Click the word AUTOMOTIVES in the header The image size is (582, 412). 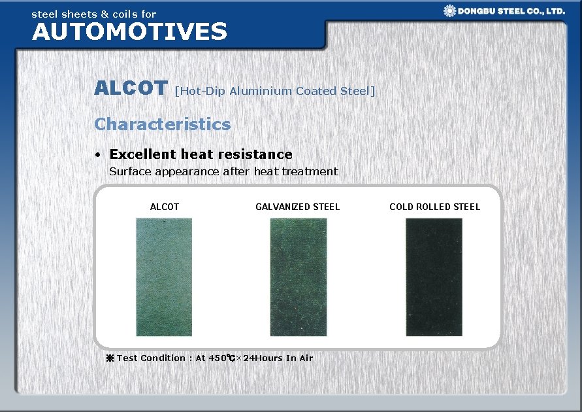click(129, 31)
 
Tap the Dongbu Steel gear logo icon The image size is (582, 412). click(449, 10)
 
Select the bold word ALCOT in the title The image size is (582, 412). click(131, 88)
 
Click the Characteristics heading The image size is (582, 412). click(162, 124)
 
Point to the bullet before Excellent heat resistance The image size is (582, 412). click(97, 155)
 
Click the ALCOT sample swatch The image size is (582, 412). click(164, 277)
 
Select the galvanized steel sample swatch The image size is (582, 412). click(298, 277)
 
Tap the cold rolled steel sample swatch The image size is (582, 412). click(434, 277)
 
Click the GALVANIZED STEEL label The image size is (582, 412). click(297, 207)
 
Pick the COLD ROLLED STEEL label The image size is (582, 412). click(434, 207)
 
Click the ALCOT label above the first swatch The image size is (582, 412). click(164, 207)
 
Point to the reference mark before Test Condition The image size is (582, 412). click(110, 358)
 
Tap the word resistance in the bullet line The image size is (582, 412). click(256, 154)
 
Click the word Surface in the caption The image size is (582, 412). click(130, 171)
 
